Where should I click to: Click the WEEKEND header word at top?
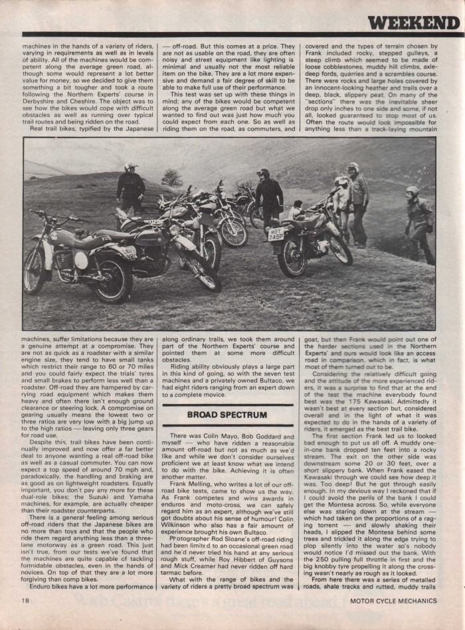click(x=405, y=22)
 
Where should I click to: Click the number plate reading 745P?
click(x=276, y=234)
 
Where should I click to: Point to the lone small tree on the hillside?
click(x=171, y=178)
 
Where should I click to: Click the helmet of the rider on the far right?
click(x=413, y=191)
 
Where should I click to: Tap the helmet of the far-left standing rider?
click(x=130, y=166)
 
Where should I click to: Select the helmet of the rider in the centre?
click(x=263, y=173)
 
